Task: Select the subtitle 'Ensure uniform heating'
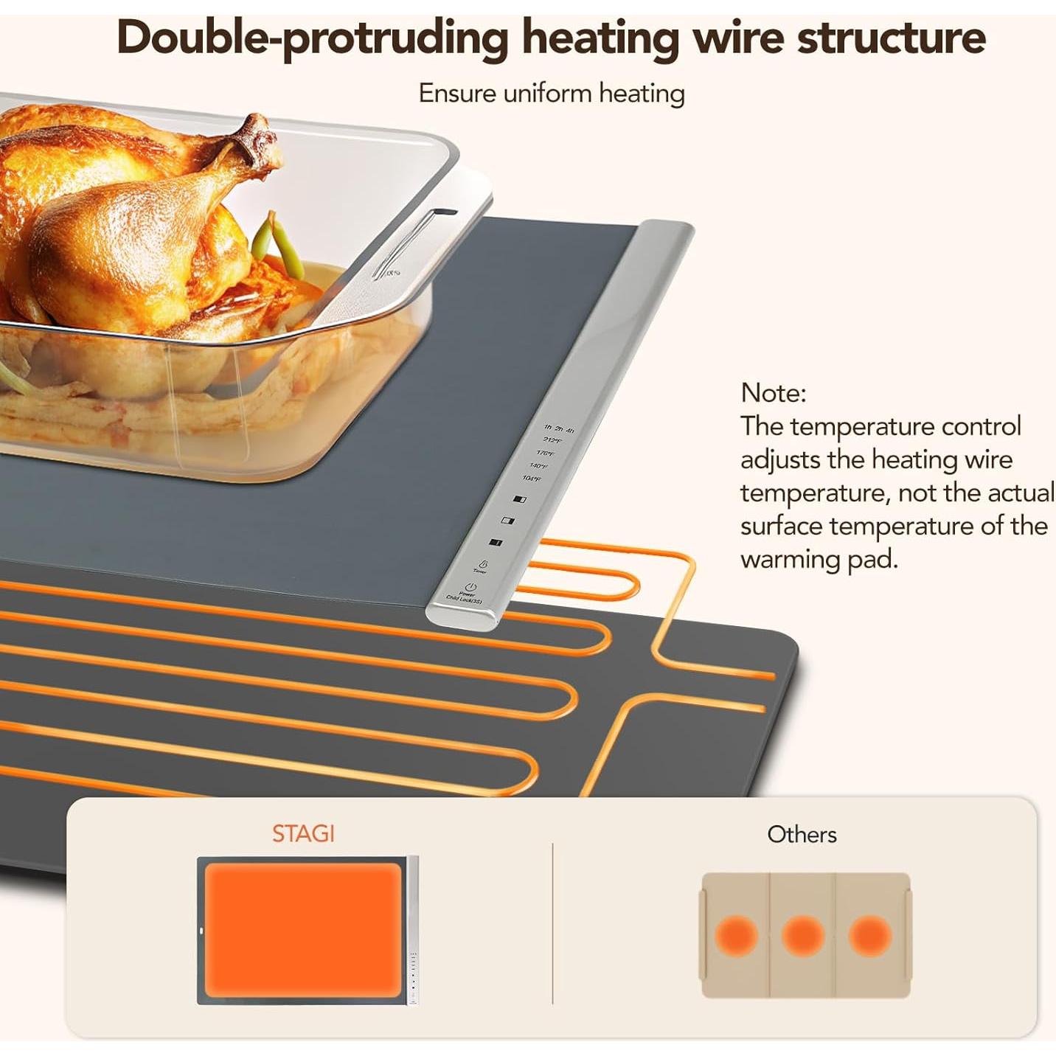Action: [x=552, y=94]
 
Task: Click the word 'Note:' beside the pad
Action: [x=773, y=392]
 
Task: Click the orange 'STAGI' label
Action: [x=303, y=834]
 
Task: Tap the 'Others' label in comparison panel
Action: [x=802, y=835]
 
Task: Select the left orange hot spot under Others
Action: [x=736, y=936]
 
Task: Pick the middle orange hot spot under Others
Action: [x=802, y=936]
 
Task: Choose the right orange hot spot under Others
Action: [x=869, y=936]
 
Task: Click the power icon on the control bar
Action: [x=470, y=587]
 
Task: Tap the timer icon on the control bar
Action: [x=483, y=564]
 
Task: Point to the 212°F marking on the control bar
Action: [x=552, y=440]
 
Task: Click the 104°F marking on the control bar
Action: [x=531, y=479]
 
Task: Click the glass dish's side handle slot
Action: [x=413, y=243]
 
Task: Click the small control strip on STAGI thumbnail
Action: [x=413, y=931]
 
